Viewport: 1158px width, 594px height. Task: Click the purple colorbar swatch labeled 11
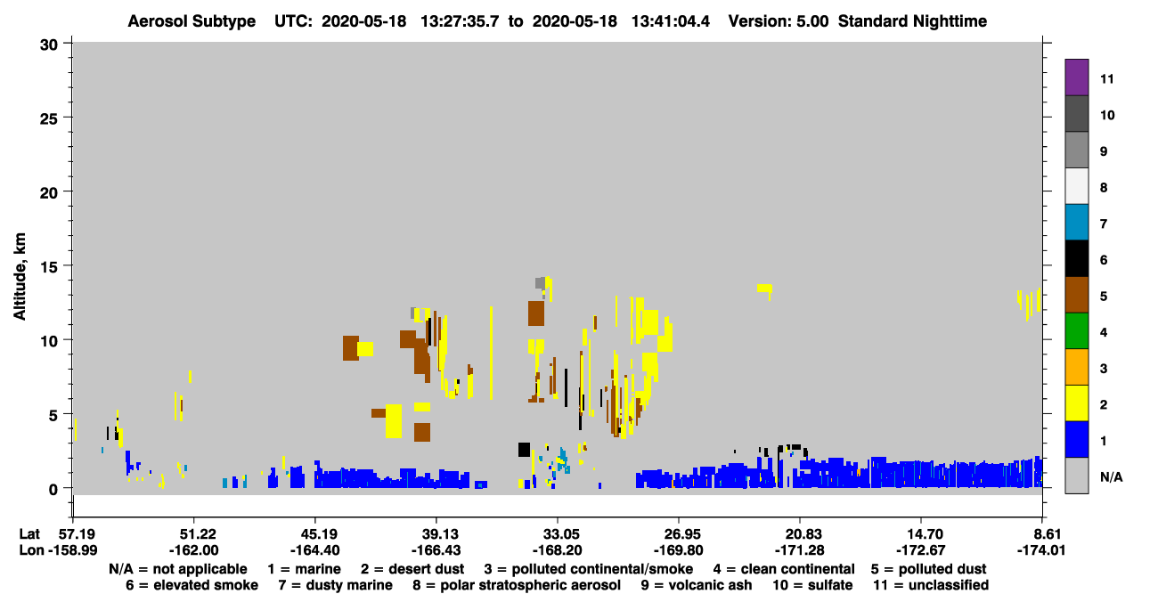pyautogui.click(x=1076, y=77)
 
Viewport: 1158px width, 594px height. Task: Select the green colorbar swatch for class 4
pyautogui.click(x=1076, y=331)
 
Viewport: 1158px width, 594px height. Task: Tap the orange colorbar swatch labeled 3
pyautogui.click(x=1076, y=367)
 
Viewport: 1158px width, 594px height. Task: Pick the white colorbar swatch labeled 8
pyautogui.click(x=1076, y=185)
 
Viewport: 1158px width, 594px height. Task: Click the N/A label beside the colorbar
pyautogui.click(x=1111, y=476)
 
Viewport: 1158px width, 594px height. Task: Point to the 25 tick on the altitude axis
pyautogui.click(x=49, y=118)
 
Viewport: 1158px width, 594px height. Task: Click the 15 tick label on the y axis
pyautogui.click(x=49, y=267)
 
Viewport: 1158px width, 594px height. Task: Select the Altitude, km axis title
pyautogui.click(x=19, y=277)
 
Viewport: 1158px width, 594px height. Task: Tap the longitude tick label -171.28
pyautogui.click(x=799, y=550)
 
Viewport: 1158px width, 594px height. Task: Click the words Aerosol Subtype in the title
pyautogui.click(x=192, y=21)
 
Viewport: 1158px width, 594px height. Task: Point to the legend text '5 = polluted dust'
pyautogui.click(x=928, y=569)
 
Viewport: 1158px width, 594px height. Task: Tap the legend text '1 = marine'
pyautogui.click(x=304, y=569)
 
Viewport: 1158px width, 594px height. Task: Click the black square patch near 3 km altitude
pyautogui.click(x=524, y=449)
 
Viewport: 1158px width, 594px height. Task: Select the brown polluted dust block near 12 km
pyautogui.click(x=536, y=313)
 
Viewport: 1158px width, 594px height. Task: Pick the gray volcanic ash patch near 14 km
pyautogui.click(x=540, y=283)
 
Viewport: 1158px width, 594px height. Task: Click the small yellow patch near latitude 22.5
pyautogui.click(x=764, y=288)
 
